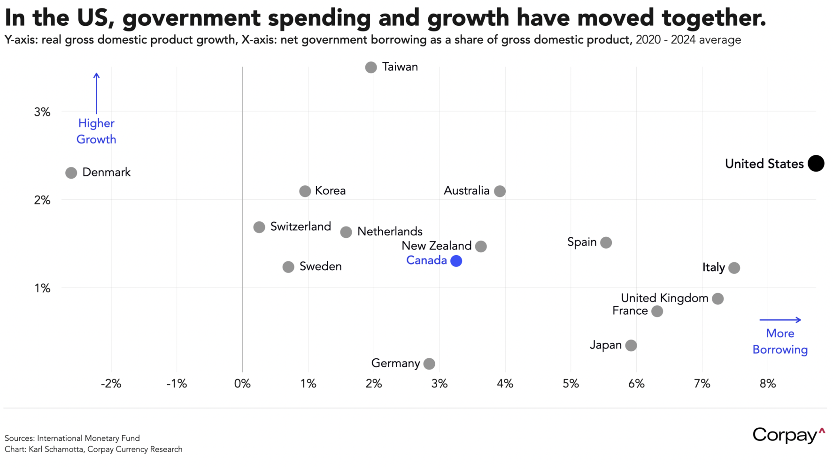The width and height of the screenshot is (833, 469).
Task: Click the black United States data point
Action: coord(816,163)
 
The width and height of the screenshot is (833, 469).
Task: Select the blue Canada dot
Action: coord(456,261)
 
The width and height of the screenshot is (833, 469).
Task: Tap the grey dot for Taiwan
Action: coord(371,67)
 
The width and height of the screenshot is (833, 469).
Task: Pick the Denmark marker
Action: coord(71,173)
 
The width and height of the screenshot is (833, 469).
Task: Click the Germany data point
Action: coord(429,363)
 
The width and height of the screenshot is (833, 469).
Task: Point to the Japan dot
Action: coord(631,345)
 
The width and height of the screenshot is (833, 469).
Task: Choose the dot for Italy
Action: coord(734,268)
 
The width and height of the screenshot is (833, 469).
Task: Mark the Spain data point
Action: coord(606,242)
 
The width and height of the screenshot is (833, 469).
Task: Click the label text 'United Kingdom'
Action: coord(664,298)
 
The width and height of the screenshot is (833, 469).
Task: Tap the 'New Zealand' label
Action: coord(436,246)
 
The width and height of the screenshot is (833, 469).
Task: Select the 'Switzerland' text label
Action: coord(301,227)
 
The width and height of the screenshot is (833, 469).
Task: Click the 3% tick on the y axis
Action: coord(42,112)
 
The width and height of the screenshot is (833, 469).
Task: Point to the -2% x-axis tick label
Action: coord(111,384)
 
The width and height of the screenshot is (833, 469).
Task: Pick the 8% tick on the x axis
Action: coord(768,384)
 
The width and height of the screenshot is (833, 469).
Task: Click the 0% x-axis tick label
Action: coord(242,384)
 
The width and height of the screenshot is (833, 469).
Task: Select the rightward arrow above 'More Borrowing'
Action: coord(780,320)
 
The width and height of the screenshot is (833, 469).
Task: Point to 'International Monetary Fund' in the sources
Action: coord(88,438)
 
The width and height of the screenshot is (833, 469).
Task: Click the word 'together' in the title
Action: coord(713,18)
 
